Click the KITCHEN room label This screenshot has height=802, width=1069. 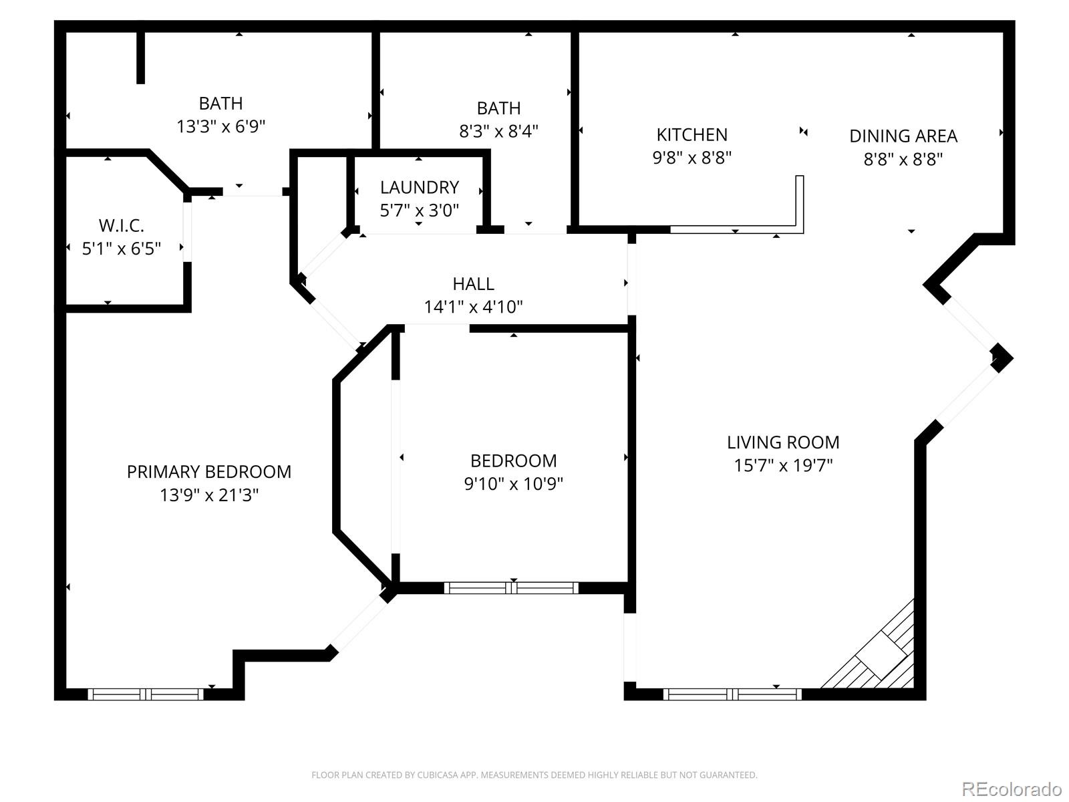pyautogui.click(x=692, y=135)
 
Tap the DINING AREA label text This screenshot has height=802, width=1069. pyautogui.click(x=903, y=136)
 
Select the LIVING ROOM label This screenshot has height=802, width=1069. pyautogui.click(x=783, y=442)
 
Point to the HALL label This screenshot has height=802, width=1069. pyautogui.click(x=473, y=284)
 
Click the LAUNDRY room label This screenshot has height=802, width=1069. pyautogui.click(x=419, y=187)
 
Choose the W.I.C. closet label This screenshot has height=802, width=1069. pyautogui.click(x=121, y=225)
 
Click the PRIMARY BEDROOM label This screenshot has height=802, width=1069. pyautogui.click(x=208, y=472)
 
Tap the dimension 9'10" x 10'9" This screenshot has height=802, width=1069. pyautogui.click(x=513, y=484)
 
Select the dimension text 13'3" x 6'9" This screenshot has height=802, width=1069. pyautogui.click(x=220, y=126)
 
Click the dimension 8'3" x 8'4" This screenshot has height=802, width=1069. pyautogui.click(x=498, y=131)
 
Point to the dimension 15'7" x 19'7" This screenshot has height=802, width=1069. pyautogui.click(x=783, y=465)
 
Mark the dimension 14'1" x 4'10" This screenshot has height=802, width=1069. pyautogui.click(x=473, y=307)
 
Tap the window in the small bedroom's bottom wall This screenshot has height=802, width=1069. pyautogui.click(x=511, y=588)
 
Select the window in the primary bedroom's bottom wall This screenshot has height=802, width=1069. pyautogui.click(x=145, y=694)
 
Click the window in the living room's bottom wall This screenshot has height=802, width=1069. pyautogui.click(x=732, y=694)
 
